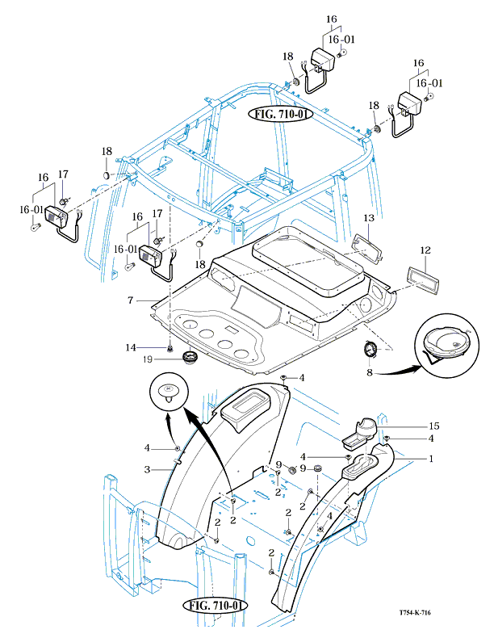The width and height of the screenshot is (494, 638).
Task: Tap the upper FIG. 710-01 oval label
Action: click(x=279, y=114)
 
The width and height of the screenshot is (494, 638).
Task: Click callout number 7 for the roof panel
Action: click(x=129, y=300)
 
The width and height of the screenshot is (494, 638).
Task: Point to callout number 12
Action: click(x=425, y=252)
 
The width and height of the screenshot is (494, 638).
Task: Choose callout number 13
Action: click(x=368, y=218)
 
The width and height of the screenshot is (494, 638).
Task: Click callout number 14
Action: click(x=129, y=347)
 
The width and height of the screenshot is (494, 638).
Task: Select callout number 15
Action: click(x=433, y=426)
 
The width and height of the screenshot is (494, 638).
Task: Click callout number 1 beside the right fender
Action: click(x=431, y=458)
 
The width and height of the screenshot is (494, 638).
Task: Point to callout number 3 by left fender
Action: click(x=147, y=469)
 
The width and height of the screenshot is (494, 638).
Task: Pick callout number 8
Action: click(x=370, y=373)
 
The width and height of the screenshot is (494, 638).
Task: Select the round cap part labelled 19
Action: click(x=191, y=356)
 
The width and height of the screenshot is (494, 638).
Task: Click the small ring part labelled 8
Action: click(x=370, y=350)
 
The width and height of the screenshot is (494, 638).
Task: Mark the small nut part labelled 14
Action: click(x=170, y=347)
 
